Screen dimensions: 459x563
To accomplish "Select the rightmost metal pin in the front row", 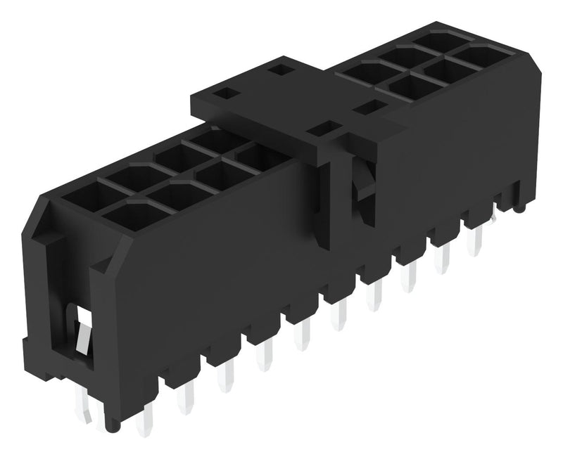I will click(x=477, y=243).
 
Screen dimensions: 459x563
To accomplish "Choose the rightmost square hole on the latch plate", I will click(x=369, y=108).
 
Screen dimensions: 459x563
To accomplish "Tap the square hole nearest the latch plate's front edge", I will click(x=324, y=129).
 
